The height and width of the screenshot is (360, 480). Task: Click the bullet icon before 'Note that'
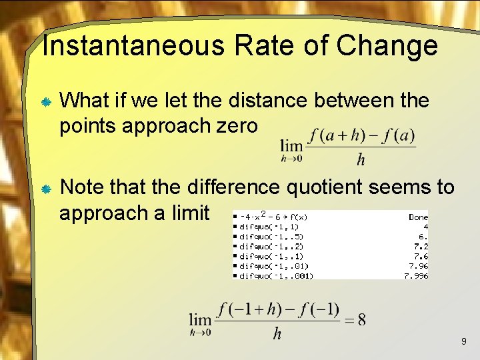point(47,189)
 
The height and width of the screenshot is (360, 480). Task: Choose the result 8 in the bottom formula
point(361,319)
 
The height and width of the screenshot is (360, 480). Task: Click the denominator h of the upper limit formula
point(361,159)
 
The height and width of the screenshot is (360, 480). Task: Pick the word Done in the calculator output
point(418,217)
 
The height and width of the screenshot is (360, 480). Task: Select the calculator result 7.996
point(416,276)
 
